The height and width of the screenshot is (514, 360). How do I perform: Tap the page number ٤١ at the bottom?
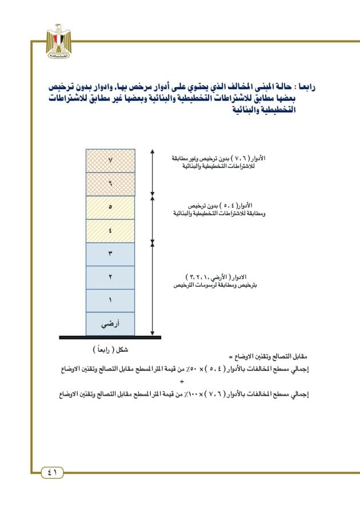pyautogui.click(x=52, y=472)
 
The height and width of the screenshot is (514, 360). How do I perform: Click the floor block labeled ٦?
pyautogui.click(x=110, y=184)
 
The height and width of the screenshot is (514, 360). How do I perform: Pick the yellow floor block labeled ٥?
pyautogui.click(x=110, y=207)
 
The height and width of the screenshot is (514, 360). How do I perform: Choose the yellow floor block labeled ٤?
pyautogui.click(x=110, y=231)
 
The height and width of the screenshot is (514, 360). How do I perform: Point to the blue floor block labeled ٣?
pyautogui.click(x=110, y=254)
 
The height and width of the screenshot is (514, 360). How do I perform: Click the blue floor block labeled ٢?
pyautogui.click(x=110, y=278)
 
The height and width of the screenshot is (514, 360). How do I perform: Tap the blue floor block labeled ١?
pyautogui.click(x=110, y=300)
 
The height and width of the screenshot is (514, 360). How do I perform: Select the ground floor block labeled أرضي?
pyautogui.click(x=110, y=324)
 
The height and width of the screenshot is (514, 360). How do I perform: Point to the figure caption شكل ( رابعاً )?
pyautogui.click(x=110, y=349)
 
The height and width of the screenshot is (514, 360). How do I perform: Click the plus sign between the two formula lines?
pyautogui.click(x=182, y=381)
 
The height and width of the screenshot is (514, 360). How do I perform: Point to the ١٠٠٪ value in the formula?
pyautogui.click(x=199, y=393)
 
